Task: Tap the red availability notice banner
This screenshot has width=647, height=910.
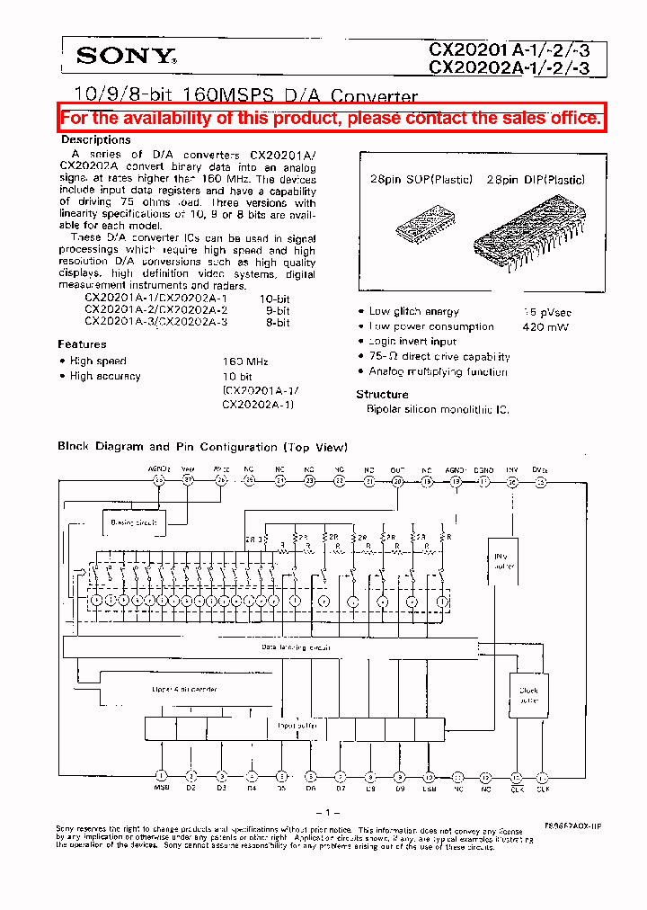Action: coord(331,118)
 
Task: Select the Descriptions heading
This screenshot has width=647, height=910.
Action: coord(96,140)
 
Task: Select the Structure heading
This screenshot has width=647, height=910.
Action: coord(382,395)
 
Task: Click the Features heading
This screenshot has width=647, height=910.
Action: coord(82,344)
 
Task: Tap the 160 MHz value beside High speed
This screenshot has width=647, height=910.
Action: coord(245,361)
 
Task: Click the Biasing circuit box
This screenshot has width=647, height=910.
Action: coord(133,522)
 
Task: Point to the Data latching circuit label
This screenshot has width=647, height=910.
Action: coord(296,647)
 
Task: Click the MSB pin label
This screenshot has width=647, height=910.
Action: coord(161,790)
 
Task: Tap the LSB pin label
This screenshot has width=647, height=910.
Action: coord(429,790)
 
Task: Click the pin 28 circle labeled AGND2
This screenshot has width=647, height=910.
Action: coord(159,481)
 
